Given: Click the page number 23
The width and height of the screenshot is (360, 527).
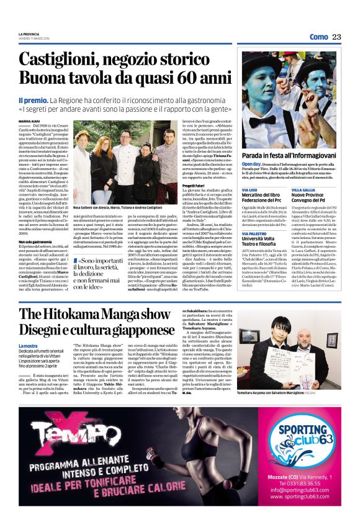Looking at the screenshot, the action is click(336, 37).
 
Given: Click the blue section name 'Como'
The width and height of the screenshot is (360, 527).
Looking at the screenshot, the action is click(318, 37).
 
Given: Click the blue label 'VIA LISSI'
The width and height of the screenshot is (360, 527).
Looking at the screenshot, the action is click(250, 189).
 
